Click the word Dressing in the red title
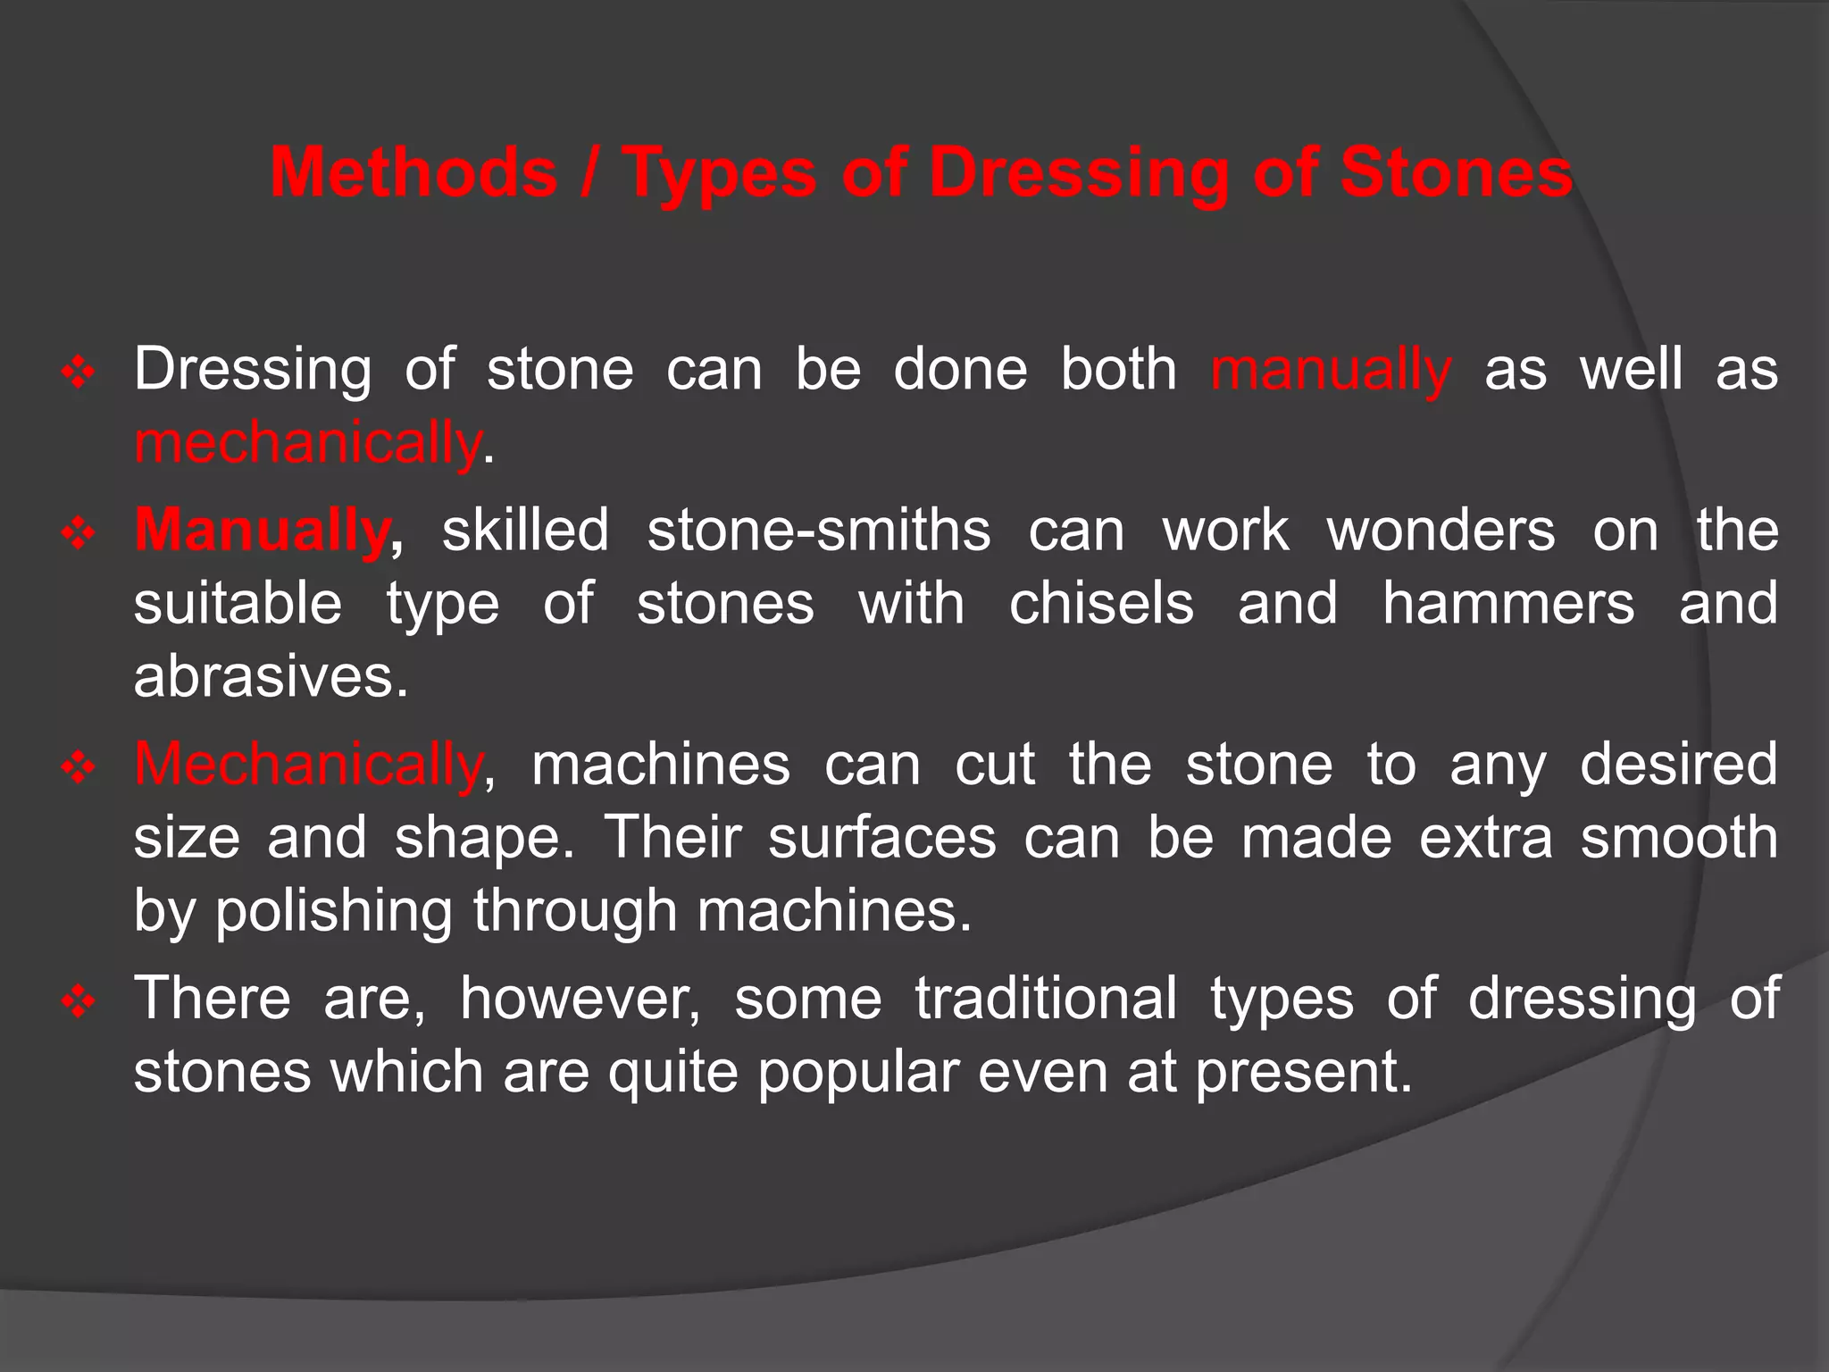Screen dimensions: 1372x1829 coord(1079,172)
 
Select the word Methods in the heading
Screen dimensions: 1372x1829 coord(413,172)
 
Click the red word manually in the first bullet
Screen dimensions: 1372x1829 coord(1331,370)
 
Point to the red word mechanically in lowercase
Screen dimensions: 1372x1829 coord(307,443)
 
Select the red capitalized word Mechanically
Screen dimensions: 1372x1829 coord(307,765)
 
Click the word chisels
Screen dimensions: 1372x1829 coord(1100,604)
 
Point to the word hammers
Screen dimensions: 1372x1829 coord(1507,604)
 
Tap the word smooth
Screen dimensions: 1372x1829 coord(1679,838)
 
